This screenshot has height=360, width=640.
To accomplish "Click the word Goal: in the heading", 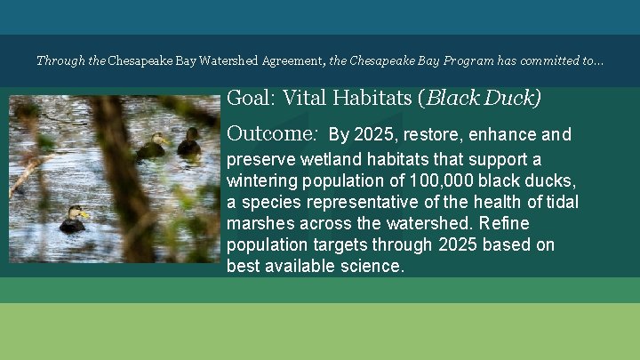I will tap(251, 98).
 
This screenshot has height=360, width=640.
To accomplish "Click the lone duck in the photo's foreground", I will tap(72, 219).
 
